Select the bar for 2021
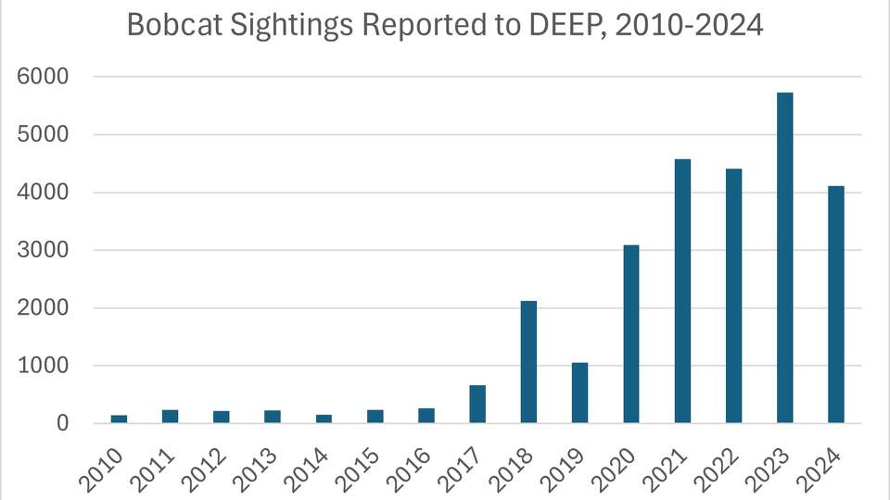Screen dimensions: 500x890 click(x=682, y=291)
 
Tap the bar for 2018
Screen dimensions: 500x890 click(x=528, y=362)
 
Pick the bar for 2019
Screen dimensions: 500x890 click(x=579, y=393)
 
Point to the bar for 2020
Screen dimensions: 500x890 click(x=631, y=333)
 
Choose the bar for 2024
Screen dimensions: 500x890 click(x=836, y=305)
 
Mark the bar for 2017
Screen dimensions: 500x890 click(x=477, y=404)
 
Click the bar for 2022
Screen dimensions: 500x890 click(x=733, y=295)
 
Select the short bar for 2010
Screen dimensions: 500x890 click(x=119, y=419)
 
